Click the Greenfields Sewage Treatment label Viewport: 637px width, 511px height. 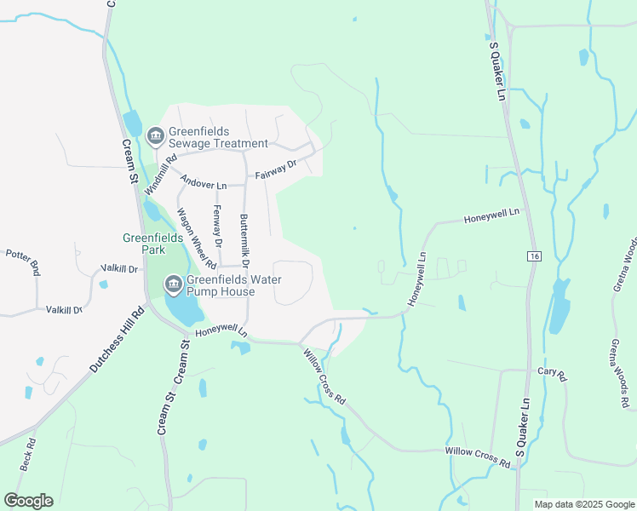(218, 138)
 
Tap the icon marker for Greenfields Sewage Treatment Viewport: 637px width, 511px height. (155, 135)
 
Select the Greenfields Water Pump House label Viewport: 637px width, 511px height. (221, 285)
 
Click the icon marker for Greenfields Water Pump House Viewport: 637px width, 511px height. (173, 284)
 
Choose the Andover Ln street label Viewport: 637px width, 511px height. (204, 185)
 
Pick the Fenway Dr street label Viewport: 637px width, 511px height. (218, 227)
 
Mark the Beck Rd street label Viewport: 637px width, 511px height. (26, 455)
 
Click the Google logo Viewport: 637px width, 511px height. (28, 501)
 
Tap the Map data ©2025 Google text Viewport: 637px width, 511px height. (584, 504)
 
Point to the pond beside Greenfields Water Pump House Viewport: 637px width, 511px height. (181, 311)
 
